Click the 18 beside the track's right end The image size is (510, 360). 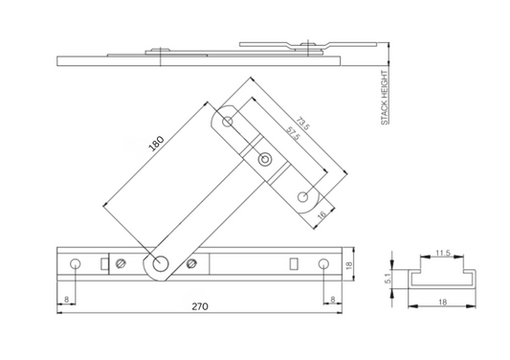[x=350, y=265]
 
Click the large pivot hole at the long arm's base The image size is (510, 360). [x=159, y=264]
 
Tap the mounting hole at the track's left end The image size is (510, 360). [x=75, y=263]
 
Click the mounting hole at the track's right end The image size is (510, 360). [x=324, y=263]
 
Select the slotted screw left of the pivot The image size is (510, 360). [x=121, y=263]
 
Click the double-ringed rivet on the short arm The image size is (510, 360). [x=265, y=158]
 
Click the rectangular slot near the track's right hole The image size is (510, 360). [x=295, y=263]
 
